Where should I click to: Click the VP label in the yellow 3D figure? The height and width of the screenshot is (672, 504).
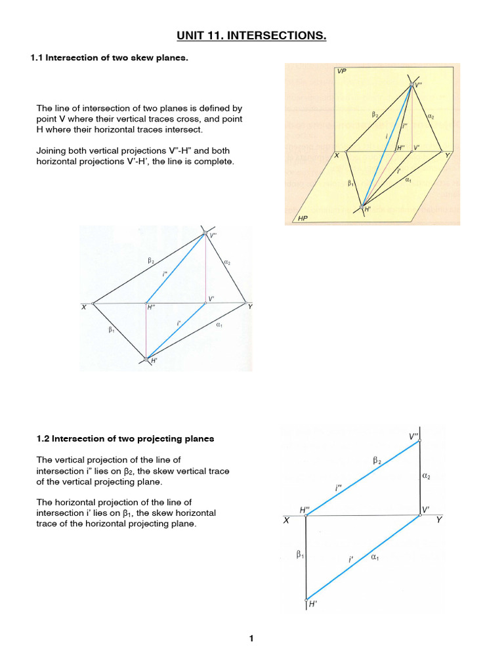pos(341,71)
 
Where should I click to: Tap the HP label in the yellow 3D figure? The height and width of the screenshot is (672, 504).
pos(303,218)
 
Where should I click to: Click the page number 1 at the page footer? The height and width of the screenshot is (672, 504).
pos(251,639)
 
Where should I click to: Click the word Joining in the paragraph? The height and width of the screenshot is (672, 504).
pos(51,150)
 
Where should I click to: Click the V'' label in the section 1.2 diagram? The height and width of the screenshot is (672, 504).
pos(414,436)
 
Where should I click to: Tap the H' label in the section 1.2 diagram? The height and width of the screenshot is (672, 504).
pos(313,606)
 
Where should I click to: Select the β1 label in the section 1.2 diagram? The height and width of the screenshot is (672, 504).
pos(299,555)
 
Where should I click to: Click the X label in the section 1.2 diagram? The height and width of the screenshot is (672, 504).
pos(286,520)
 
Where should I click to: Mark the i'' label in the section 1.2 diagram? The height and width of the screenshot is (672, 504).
pos(338,488)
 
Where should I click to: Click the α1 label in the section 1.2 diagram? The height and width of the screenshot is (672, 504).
pos(375,557)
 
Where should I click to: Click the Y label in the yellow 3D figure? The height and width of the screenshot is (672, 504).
pos(447,155)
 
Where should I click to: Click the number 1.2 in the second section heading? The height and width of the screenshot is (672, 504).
pos(40,438)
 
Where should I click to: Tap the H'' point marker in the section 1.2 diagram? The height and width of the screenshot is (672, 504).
pos(306,516)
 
